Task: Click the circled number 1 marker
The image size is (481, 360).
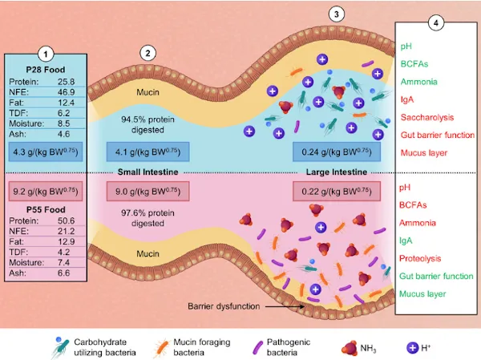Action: click(x=46, y=55)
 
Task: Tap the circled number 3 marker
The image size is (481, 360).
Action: click(x=337, y=14)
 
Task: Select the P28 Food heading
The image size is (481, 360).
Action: click(x=46, y=70)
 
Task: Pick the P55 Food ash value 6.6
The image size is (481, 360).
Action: click(x=63, y=273)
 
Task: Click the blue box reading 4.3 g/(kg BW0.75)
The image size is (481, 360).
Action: click(x=46, y=152)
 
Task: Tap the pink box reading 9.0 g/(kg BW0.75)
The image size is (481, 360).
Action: click(x=148, y=192)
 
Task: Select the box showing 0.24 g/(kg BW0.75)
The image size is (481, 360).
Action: click(x=337, y=152)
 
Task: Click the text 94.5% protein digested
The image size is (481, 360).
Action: click(x=148, y=124)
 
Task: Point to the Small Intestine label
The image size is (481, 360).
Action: click(x=148, y=172)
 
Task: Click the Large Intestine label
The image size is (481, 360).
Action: click(x=337, y=172)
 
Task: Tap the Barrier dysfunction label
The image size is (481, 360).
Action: click(x=224, y=306)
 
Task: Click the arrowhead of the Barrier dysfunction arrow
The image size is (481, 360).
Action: click(x=303, y=306)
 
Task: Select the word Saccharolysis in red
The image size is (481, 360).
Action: click(x=427, y=117)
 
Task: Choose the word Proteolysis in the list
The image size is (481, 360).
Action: click(x=420, y=258)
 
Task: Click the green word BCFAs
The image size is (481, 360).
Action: click(x=414, y=64)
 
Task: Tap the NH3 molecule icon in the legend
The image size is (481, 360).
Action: click(x=350, y=348)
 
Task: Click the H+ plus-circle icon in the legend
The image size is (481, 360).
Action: click(x=413, y=348)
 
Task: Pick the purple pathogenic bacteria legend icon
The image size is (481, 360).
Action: click(x=257, y=348)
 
